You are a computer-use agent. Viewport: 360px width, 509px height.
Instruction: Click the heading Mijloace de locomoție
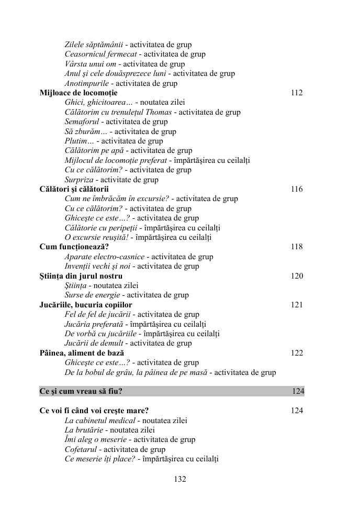pos(78,93)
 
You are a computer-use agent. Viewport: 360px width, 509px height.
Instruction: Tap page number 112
pos(297,93)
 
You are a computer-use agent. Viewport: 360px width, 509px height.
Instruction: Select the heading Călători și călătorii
pos(74,189)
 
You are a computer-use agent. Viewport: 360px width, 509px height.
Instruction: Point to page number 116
pos(297,189)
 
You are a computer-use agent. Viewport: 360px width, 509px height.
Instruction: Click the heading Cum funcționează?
pos(74,247)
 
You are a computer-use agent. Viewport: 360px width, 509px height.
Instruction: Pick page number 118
pos(297,247)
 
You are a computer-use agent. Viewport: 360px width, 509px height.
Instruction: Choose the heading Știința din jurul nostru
pos(81,276)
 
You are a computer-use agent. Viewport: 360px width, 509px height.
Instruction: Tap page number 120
pos(297,276)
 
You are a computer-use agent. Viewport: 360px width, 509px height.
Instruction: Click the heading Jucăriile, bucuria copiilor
pos(86,305)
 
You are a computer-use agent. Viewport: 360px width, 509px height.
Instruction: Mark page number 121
pos(297,305)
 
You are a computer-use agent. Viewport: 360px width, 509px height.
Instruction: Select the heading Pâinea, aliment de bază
pos(82,353)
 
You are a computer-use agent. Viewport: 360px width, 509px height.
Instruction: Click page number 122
pos(297,353)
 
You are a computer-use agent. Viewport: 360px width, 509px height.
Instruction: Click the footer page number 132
pos(180,479)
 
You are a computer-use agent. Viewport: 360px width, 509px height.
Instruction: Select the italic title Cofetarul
pos(80,449)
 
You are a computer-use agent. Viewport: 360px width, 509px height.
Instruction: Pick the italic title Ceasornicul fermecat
pos(101,54)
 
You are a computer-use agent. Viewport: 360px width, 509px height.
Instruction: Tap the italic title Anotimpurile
pos(87,83)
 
